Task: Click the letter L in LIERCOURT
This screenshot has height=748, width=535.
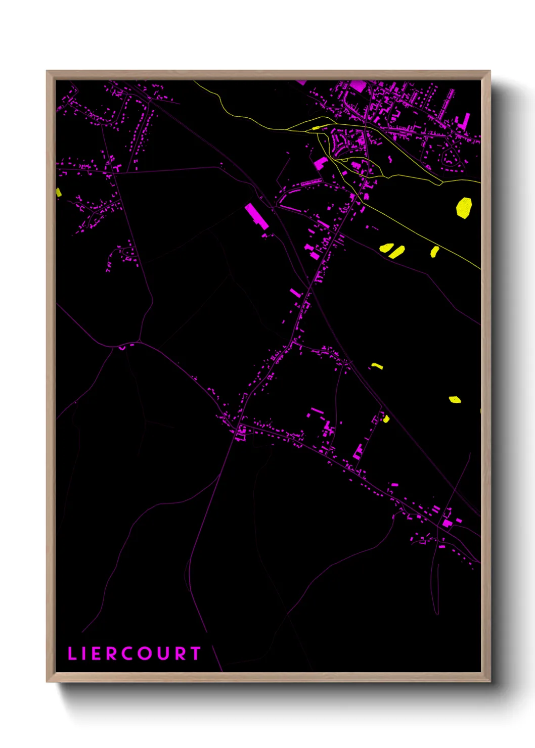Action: (x=72, y=653)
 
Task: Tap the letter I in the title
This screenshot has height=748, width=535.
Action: (x=84, y=653)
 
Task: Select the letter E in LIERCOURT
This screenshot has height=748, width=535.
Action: (x=97, y=653)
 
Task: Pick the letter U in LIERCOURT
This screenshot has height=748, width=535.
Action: (x=164, y=653)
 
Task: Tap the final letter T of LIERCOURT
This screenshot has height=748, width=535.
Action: (x=196, y=653)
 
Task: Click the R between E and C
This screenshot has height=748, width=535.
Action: (x=112, y=653)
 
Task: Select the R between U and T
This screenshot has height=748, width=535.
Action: (x=181, y=653)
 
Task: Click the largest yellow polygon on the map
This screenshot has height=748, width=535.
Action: (x=464, y=207)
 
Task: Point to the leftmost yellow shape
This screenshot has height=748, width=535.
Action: (x=59, y=192)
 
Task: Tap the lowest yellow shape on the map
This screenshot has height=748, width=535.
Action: (x=386, y=418)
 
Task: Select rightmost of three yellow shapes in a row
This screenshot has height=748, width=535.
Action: (x=434, y=251)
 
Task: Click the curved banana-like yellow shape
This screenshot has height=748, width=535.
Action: (x=377, y=365)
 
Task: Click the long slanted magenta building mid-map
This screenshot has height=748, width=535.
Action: (x=256, y=216)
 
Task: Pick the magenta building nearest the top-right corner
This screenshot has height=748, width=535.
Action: (x=463, y=121)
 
